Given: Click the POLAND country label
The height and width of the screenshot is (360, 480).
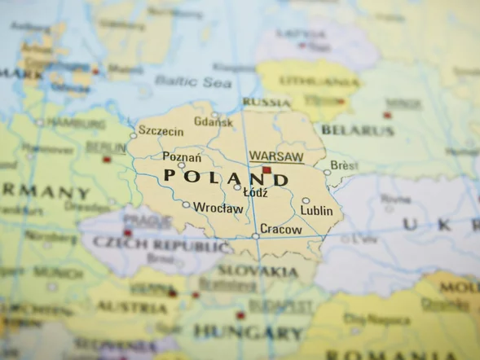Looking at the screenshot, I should pyautogui.click(x=226, y=177).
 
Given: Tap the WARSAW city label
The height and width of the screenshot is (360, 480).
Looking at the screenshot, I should pyautogui.click(x=276, y=156).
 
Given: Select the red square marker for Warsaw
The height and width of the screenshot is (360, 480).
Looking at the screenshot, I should pyautogui.click(x=266, y=170).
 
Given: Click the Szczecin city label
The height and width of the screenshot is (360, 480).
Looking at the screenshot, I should pyautogui.click(x=161, y=130).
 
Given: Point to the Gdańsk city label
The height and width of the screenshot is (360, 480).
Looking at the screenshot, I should pyautogui.click(x=214, y=122).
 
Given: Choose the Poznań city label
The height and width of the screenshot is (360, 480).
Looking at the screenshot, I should pyautogui.click(x=182, y=156).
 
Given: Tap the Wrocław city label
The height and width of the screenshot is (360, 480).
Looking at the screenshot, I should pyautogui.click(x=218, y=209).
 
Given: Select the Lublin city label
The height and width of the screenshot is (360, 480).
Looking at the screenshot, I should pyautogui.click(x=316, y=210).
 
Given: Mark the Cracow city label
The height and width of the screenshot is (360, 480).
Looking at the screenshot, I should pyautogui.click(x=281, y=230).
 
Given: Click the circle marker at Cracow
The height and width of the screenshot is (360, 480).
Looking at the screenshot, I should pyautogui.click(x=256, y=236).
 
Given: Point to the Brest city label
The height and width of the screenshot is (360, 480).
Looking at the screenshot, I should pyautogui.click(x=344, y=165).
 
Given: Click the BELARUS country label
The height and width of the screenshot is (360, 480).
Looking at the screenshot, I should pyautogui.click(x=357, y=130).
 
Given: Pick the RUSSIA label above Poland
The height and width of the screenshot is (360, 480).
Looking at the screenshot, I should pyautogui.click(x=266, y=102).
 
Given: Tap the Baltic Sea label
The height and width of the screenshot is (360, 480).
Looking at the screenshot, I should pyautogui.click(x=182, y=81).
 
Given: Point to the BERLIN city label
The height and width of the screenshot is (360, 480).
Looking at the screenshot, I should pyautogui.click(x=106, y=147).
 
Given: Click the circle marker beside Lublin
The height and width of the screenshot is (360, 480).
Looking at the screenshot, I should pyautogui.click(x=306, y=200).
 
